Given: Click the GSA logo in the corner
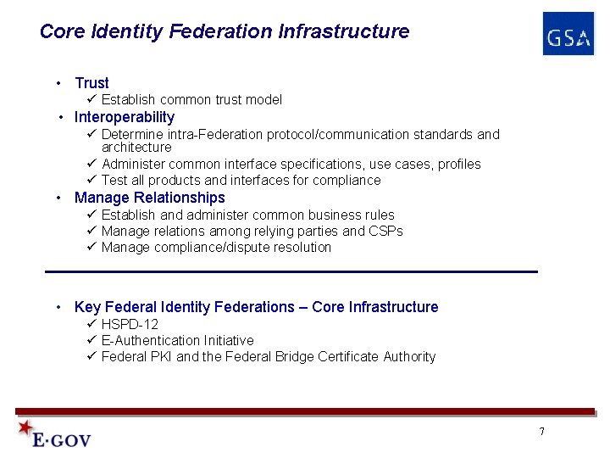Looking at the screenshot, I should pyautogui.click(x=568, y=35).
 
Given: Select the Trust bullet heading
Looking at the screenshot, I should pyautogui.click(x=91, y=83).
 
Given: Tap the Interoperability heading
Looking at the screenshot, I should pyautogui.click(x=125, y=117).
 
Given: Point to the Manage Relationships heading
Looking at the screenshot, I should pyautogui.click(x=150, y=198).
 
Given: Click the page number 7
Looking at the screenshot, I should pyautogui.click(x=541, y=432).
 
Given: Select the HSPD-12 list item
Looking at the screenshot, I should pyautogui.click(x=130, y=324).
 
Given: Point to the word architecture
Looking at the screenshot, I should pyautogui.click(x=136, y=147).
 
